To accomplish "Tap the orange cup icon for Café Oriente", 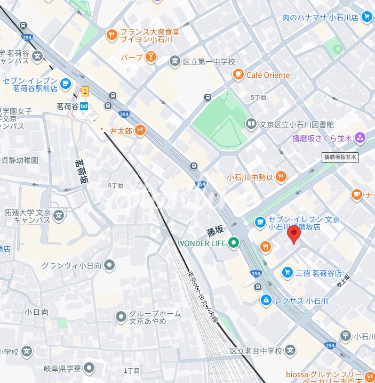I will (x=238, y=75).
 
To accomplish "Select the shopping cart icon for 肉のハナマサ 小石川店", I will (x=366, y=17).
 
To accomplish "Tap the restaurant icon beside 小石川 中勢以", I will (x=281, y=177).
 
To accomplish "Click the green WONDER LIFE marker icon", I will (x=234, y=243).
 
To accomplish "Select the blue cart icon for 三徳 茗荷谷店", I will (x=288, y=272).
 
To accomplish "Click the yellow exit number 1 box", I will (x=84, y=93).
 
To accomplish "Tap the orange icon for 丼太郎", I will (x=140, y=129).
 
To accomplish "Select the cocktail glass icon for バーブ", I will (x=151, y=56).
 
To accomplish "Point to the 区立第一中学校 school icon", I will (x=174, y=62).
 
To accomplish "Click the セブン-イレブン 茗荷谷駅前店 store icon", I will (x=66, y=83).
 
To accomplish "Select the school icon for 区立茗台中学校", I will (x=290, y=351).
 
